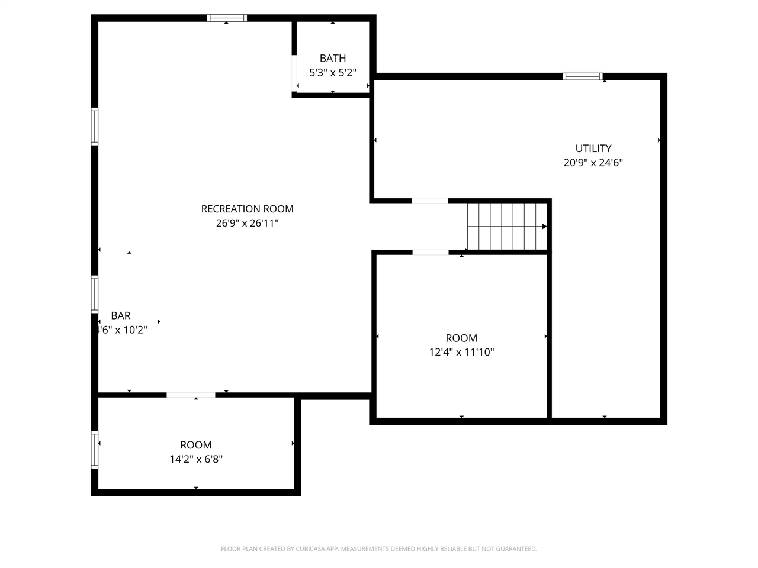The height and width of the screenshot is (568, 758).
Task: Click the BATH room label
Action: pyautogui.click(x=333, y=58)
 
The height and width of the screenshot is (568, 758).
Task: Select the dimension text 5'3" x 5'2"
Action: pyautogui.click(x=333, y=73)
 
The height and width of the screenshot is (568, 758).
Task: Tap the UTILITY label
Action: pyautogui.click(x=593, y=149)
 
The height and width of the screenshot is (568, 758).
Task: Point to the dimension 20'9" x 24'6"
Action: pyautogui.click(x=593, y=163)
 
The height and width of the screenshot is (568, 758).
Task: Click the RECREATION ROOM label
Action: pyautogui.click(x=247, y=209)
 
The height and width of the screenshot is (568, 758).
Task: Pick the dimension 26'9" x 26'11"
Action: pyautogui.click(x=247, y=224)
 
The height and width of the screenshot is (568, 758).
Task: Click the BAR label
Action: pyautogui.click(x=121, y=316)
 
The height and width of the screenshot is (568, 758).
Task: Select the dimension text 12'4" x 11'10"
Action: pyautogui.click(x=461, y=353)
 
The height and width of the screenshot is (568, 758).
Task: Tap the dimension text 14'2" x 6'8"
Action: pyautogui.click(x=196, y=459)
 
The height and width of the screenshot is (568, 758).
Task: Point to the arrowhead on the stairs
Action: pyautogui.click(x=544, y=227)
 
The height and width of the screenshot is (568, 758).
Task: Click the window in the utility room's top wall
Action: pyautogui.click(x=583, y=76)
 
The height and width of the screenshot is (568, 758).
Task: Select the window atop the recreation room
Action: pyautogui.click(x=227, y=18)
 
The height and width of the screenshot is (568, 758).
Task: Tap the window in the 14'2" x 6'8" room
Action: pyautogui.click(x=94, y=450)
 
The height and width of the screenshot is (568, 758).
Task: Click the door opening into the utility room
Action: pyautogui.click(x=430, y=201)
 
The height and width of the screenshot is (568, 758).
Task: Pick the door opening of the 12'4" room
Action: pyautogui.click(x=430, y=253)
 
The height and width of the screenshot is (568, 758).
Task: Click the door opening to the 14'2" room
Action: pyautogui.click(x=191, y=395)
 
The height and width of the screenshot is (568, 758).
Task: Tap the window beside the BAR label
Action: pyautogui.click(x=94, y=294)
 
